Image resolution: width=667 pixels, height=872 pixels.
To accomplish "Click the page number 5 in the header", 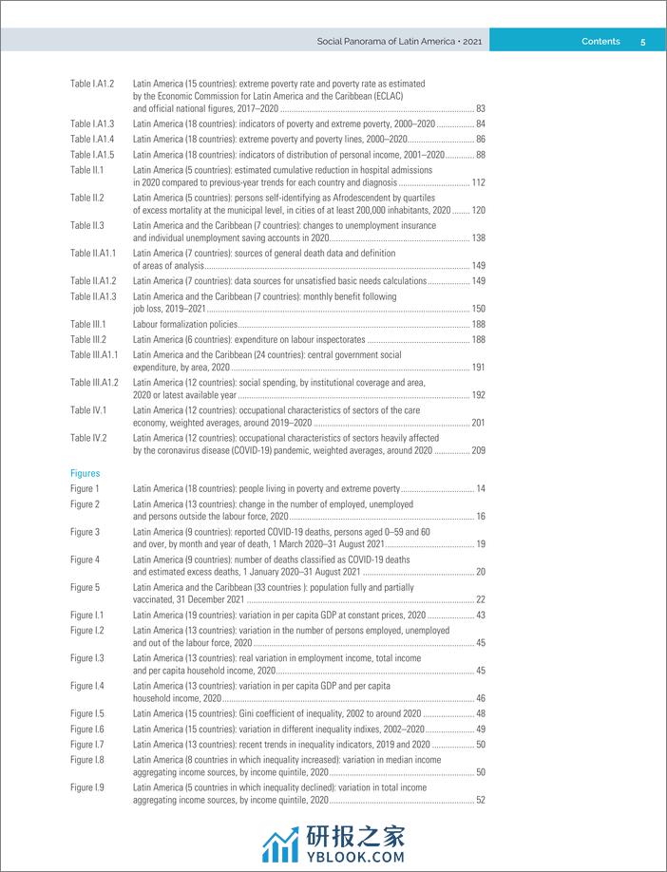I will (643, 41).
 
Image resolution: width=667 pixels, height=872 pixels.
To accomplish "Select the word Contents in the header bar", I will (600, 41).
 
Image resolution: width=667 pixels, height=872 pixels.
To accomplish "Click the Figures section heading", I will (85, 473).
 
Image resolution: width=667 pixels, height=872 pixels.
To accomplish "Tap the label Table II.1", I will (86, 170).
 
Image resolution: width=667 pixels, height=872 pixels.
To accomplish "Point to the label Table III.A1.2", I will (94, 382).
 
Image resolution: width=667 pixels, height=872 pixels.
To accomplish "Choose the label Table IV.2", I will (88, 438).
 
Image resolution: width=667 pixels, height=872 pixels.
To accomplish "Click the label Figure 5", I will (85, 587).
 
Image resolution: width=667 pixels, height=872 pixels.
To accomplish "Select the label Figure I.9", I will (87, 787).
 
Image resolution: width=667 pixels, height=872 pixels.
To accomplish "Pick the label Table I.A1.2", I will (92, 84).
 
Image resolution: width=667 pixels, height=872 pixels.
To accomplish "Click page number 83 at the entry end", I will (480, 109).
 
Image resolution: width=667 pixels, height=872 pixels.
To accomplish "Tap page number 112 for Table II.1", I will (478, 183).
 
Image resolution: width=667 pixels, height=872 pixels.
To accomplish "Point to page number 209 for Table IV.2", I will (478, 451).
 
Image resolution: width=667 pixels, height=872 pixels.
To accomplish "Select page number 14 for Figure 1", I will (481, 488).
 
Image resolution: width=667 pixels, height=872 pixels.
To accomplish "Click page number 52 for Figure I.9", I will (480, 801).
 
